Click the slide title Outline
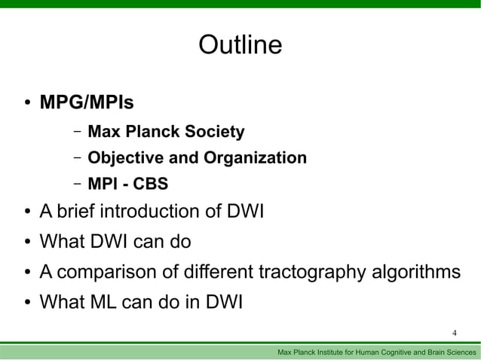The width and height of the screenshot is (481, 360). [x=240, y=46]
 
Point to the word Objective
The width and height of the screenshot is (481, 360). [x=123, y=159]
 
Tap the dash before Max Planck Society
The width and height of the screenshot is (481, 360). [x=78, y=133]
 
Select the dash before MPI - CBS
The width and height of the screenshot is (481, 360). [x=78, y=185]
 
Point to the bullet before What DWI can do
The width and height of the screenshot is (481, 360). [x=26, y=243]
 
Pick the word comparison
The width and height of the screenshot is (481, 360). [x=115, y=271]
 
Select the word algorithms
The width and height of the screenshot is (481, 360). [x=415, y=271]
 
